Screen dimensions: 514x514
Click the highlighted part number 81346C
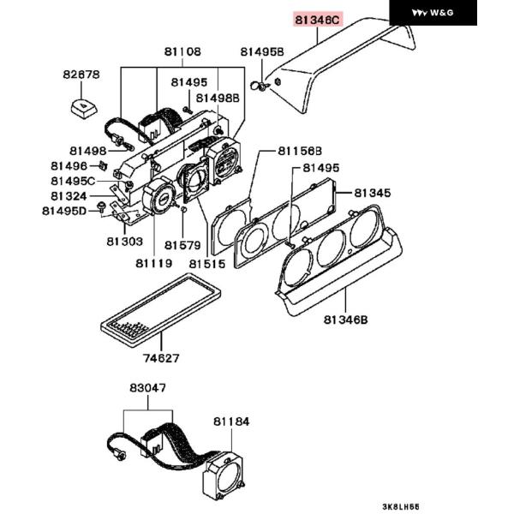tap(317, 20)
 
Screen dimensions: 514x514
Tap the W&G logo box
tap(433, 13)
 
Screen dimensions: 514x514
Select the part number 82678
tap(81, 75)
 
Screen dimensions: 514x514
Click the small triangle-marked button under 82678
tap(84, 108)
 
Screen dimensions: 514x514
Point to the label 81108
tap(182, 51)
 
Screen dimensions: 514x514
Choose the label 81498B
tap(218, 98)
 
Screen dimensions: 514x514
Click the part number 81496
tap(69, 166)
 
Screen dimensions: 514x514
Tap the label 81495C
tap(73, 181)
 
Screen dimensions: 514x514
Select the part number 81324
tap(69, 196)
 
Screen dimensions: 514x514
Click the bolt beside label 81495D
tap(101, 206)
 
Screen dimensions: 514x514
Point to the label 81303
tap(125, 242)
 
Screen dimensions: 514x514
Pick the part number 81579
tap(182, 245)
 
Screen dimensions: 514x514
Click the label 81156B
tap(300, 151)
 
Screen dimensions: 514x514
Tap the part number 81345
tap(373, 193)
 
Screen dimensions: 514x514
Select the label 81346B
tap(345, 320)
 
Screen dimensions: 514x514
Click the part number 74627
tap(161, 358)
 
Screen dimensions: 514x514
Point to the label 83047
tap(148, 388)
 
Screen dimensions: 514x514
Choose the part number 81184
tap(231, 421)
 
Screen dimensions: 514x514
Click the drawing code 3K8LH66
tap(401, 506)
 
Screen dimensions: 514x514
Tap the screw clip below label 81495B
tap(260, 87)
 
